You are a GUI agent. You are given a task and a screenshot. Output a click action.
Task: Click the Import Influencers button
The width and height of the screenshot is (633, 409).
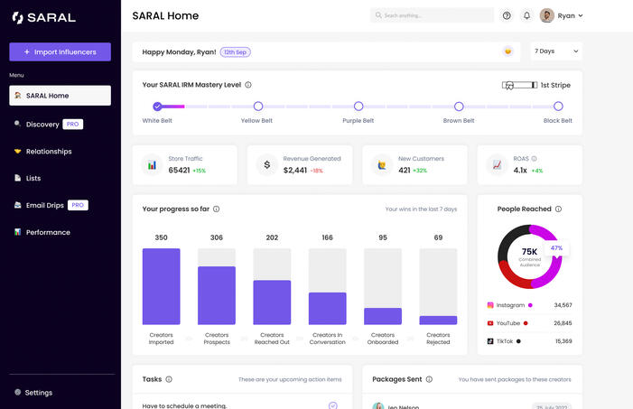click(60, 51)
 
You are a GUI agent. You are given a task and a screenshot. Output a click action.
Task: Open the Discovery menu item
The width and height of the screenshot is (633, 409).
click(42, 124)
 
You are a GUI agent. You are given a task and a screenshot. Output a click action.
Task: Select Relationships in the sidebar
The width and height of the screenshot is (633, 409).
click(48, 151)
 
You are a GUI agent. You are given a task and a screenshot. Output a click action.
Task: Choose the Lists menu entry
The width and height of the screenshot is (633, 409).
click(33, 178)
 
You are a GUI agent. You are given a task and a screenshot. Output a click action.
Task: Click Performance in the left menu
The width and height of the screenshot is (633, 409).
click(48, 232)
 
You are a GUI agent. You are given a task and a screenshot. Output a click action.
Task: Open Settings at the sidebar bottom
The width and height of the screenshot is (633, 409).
click(39, 393)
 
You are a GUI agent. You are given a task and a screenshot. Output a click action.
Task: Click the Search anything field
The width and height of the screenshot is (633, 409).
click(432, 15)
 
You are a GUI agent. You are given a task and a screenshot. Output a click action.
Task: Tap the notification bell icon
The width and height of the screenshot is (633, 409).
click(526, 15)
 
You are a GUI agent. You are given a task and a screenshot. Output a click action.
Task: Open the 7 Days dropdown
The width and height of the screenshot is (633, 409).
click(555, 51)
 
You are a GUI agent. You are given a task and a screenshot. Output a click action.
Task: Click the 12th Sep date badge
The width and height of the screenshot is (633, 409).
click(236, 51)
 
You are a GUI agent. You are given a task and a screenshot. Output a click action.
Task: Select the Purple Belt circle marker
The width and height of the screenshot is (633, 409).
click(358, 107)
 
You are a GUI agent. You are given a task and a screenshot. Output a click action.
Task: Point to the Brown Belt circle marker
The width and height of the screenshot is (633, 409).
click(459, 107)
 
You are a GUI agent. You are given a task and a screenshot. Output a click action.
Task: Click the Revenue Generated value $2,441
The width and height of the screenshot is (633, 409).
click(295, 170)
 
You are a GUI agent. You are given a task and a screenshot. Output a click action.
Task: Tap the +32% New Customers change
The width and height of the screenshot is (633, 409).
click(420, 170)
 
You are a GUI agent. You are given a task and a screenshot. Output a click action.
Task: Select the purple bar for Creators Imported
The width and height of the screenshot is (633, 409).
click(161, 286)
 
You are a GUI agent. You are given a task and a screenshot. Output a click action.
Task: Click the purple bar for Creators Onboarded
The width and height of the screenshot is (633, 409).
click(383, 316)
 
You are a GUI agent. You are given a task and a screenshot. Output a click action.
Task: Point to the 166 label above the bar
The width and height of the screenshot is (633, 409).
click(327, 237)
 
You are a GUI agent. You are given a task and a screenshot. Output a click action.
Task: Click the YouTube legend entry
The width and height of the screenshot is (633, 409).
click(508, 322)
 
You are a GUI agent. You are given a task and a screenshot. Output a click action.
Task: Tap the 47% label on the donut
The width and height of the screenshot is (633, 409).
click(556, 247)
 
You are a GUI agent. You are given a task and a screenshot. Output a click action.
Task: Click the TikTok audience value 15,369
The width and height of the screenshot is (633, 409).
click(563, 340)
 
